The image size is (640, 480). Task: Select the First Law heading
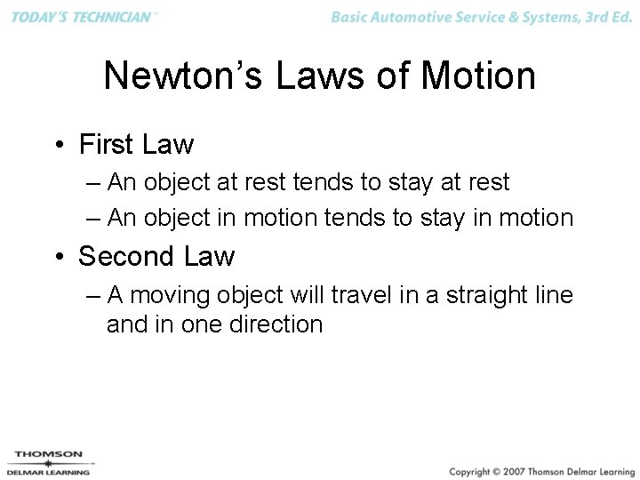[x=136, y=144]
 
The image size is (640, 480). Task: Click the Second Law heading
[x=156, y=256]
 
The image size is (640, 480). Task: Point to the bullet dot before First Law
[x=58, y=145]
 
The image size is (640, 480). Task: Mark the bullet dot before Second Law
[x=58, y=257]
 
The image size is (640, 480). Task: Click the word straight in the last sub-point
[x=473, y=294]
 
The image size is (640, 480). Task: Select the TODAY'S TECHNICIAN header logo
[x=83, y=18]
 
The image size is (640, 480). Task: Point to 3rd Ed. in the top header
[x=605, y=18]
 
